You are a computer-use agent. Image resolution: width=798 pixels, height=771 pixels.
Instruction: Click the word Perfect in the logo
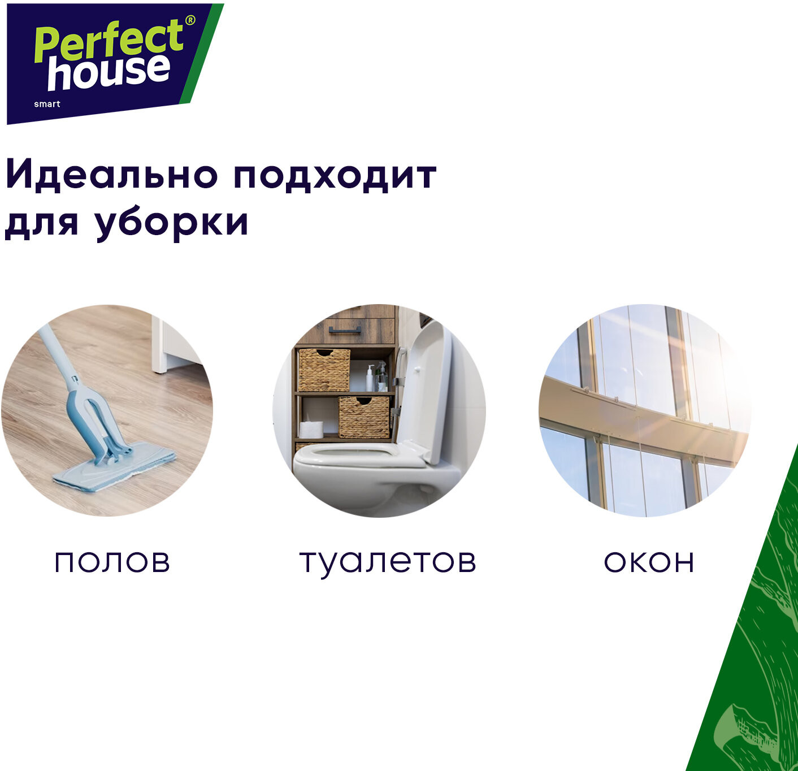109,42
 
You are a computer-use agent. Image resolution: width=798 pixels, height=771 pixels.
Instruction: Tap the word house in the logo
109,72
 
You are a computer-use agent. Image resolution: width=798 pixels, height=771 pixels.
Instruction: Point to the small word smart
47,104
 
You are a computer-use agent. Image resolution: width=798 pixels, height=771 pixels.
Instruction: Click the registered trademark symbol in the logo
190,21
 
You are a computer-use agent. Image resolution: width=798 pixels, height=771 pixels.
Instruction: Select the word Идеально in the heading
111,176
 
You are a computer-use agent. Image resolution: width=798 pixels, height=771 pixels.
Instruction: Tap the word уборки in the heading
172,223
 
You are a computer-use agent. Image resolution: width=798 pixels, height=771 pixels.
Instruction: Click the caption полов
112,562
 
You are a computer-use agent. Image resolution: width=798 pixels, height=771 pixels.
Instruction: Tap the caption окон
649,562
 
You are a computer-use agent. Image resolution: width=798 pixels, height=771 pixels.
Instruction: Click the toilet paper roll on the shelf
311,429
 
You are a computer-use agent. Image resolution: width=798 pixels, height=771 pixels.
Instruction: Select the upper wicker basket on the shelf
323,370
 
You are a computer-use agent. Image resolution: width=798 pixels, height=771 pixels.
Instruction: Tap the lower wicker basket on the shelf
364,417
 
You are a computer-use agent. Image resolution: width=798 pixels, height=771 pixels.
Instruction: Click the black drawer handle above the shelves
345,330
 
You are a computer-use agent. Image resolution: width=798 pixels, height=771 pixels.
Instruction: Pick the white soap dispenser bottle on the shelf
370,378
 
